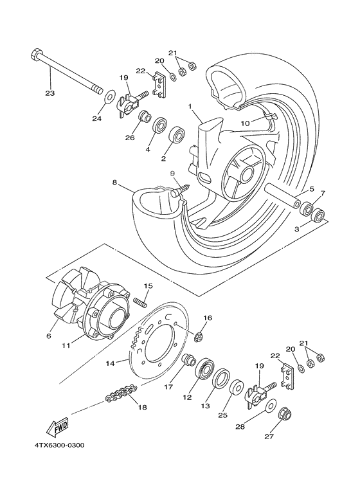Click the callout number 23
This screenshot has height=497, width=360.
pyautogui.click(x=50, y=93)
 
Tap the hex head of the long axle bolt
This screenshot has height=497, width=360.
pyautogui.click(x=35, y=55)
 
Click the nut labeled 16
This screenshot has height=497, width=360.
pyautogui.click(x=199, y=336)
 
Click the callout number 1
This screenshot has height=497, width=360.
pyautogui.click(x=190, y=105)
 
